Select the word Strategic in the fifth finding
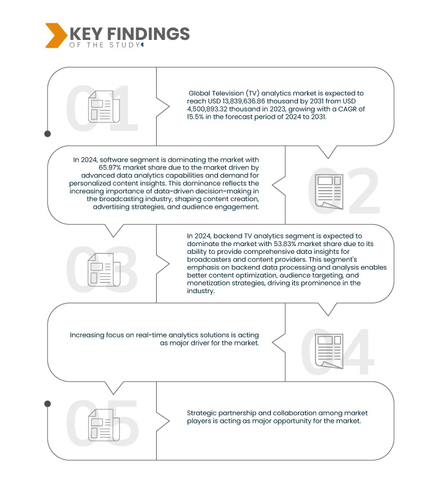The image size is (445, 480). [203, 413]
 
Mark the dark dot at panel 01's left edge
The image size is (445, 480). [47, 134]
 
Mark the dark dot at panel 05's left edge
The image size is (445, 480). [47, 404]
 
